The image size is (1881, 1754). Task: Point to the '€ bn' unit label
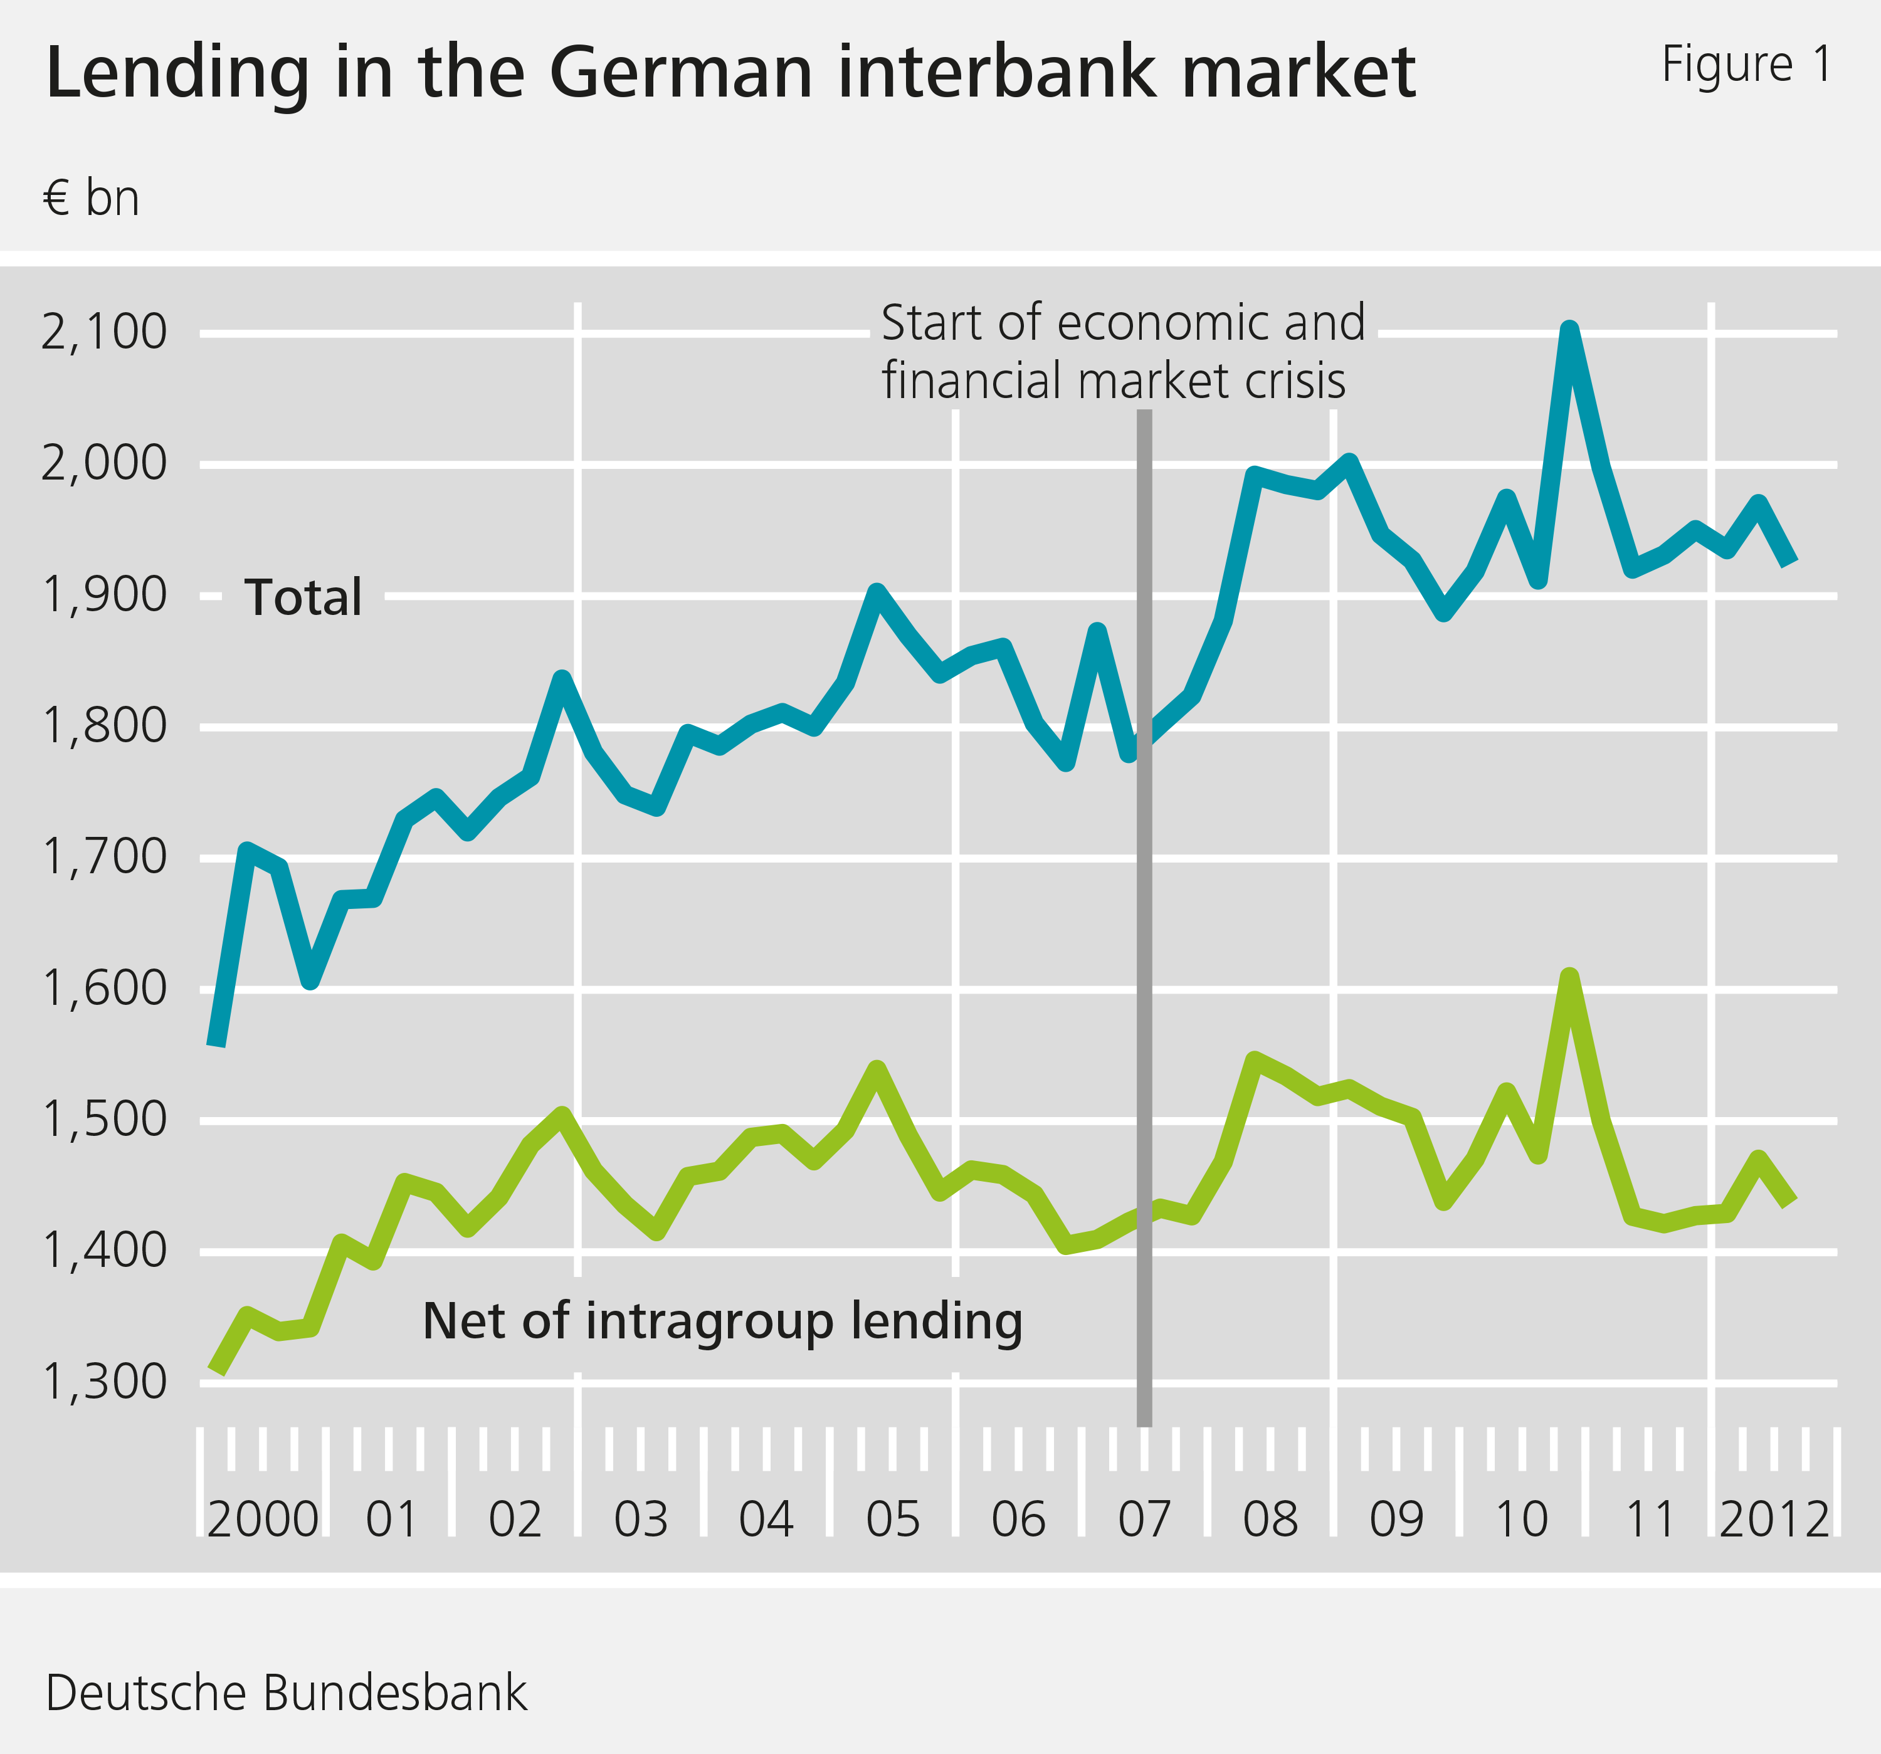pyautogui.click(x=91, y=199)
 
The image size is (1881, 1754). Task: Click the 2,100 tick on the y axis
pyautogui.click(x=104, y=333)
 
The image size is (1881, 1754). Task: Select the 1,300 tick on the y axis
pyautogui.click(x=104, y=1382)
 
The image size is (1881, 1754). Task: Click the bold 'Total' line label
pyautogui.click(x=303, y=598)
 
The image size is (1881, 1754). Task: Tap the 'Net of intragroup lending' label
pyautogui.click(x=722, y=1321)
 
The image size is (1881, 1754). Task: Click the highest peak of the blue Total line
pyautogui.click(x=1569, y=329)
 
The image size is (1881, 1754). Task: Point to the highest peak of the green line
pyautogui.click(x=1569, y=976)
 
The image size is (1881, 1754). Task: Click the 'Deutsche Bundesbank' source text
pyautogui.click(x=286, y=1693)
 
